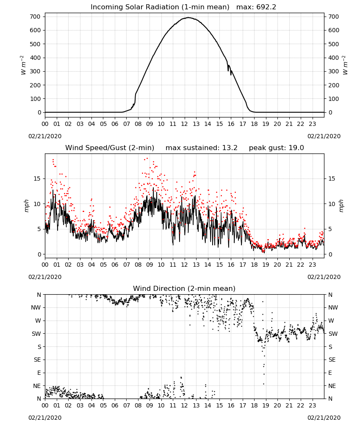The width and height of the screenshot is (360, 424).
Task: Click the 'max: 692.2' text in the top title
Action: (x=256, y=7)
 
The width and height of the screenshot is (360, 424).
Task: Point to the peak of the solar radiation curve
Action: (x=188, y=17)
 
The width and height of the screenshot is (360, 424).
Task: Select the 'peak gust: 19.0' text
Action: (x=276, y=148)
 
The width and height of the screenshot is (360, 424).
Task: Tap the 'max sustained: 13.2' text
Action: (x=202, y=148)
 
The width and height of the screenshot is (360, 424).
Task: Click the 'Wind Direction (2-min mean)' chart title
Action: (x=184, y=289)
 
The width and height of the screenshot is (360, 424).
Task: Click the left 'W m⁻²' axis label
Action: (x=23, y=65)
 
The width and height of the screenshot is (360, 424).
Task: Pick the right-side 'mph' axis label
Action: (x=341, y=206)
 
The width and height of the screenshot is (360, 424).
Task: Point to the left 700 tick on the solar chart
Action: (x=35, y=17)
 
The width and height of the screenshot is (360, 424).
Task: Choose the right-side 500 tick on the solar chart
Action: (x=334, y=44)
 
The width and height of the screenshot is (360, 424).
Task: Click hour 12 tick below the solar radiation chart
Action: (x=185, y=124)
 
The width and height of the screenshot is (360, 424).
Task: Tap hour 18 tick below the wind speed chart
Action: (x=254, y=265)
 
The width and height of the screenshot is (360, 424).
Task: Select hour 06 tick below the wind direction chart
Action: (x=115, y=406)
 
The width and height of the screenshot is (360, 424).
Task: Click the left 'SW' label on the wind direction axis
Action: (x=36, y=334)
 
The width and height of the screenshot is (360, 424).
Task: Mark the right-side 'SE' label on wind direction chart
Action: (x=332, y=360)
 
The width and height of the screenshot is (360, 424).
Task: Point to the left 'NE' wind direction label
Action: (x=37, y=386)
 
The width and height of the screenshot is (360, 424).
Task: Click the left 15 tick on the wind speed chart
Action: (x=37, y=179)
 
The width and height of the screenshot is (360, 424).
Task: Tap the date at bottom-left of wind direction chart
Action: (x=45, y=418)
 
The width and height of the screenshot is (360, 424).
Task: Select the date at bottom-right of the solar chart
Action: (x=324, y=136)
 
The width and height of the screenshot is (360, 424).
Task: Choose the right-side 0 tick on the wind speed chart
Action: (x=330, y=254)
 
